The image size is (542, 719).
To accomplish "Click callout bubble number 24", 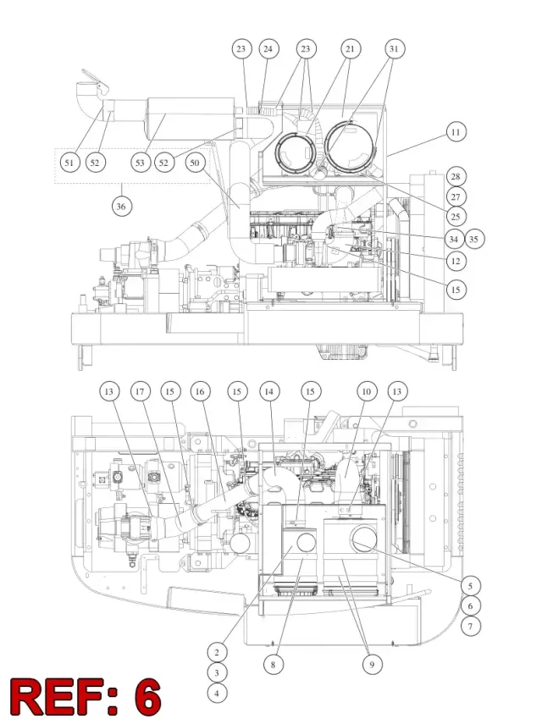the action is point(268,48).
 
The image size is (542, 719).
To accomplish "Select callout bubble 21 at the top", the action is point(351,48).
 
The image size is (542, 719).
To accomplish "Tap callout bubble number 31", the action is point(394,48).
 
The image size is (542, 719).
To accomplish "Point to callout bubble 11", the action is point(456,132).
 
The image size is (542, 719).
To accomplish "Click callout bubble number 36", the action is point(121,207).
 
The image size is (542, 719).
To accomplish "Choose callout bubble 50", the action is point(195,163).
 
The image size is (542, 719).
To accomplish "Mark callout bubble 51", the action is point(69,163).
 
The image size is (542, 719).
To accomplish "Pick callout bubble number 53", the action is point(141,163).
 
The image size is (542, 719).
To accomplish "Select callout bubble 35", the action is point(474,239).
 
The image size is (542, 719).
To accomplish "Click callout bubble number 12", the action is point(456,261).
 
